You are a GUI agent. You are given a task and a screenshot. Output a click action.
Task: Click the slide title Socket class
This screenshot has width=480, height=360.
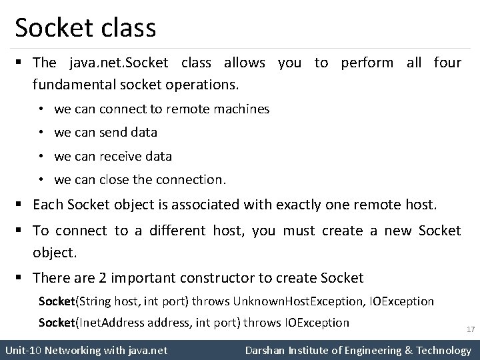85,28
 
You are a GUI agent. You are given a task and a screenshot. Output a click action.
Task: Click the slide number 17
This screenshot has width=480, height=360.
470,329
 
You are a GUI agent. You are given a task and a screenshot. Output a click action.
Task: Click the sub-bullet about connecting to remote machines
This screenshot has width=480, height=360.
162,109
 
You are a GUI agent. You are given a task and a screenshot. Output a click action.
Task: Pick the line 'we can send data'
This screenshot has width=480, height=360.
106,133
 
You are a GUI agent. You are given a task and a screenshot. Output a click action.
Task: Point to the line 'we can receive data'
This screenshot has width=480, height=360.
113,157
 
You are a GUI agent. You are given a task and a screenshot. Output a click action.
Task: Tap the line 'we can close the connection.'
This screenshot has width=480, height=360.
141,180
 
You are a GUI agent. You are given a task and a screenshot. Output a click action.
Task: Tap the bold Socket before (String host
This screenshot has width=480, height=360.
57,301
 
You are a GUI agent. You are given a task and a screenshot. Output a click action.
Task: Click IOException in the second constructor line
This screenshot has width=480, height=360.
317,323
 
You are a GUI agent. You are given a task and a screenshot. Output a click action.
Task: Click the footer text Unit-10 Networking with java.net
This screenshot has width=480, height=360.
86,350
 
